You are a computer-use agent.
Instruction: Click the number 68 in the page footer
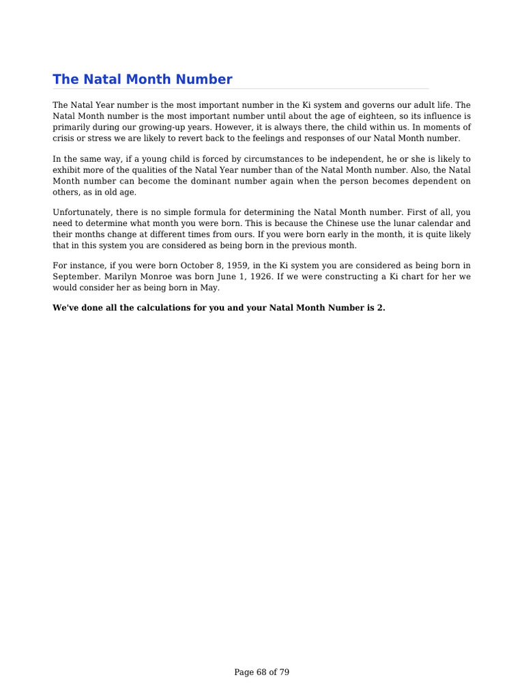click(261, 672)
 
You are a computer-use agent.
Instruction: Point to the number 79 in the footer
click(284, 672)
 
